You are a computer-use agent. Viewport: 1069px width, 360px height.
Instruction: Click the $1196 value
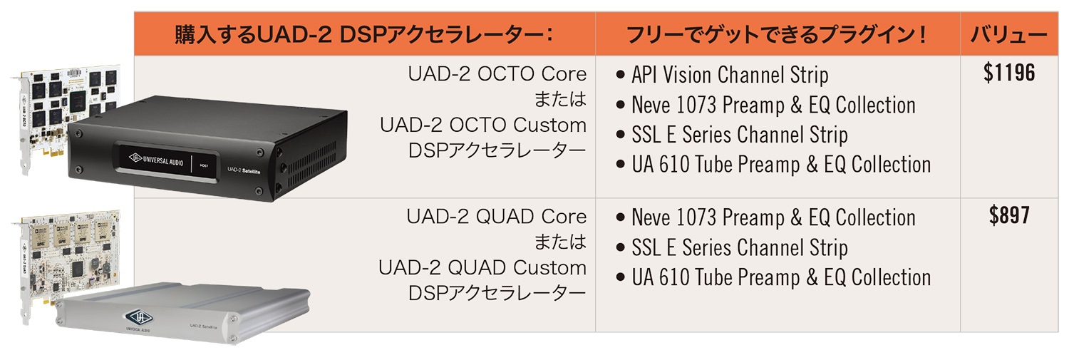(x=1009, y=73)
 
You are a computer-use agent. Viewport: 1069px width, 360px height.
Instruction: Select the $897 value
(x=1009, y=215)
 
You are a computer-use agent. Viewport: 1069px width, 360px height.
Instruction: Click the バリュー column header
(x=1008, y=34)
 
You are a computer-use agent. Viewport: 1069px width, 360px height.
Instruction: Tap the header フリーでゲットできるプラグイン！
(x=777, y=34)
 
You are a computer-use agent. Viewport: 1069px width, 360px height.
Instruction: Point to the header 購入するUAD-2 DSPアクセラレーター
(x=363, y=34)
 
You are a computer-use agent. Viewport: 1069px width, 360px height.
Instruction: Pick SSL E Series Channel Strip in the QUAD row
(x=739, y=248)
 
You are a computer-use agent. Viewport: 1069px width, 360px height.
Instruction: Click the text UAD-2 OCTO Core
(x=497, y=74)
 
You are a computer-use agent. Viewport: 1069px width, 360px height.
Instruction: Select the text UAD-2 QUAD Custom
(x=482, y=268)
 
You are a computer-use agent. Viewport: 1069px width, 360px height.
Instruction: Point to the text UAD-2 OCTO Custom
(x=483, y=125)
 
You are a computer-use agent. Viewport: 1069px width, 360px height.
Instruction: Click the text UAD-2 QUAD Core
(x=496, y=217)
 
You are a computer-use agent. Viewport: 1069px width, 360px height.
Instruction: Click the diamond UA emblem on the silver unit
(x=139, y=317)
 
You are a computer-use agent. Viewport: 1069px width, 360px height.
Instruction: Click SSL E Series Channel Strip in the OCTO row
(x=739, y=135)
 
